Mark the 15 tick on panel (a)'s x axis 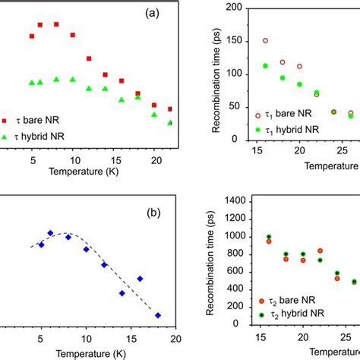pyautogui.click(x=115, y=160)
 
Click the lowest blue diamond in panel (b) pyautogui.click(x=158, y=315)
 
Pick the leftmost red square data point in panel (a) pyautogui.click(x=33, y=36)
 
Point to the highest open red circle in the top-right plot pyautogui.click(x=266, y=41)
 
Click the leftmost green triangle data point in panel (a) pyautogui.click(x=31, y=82)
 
